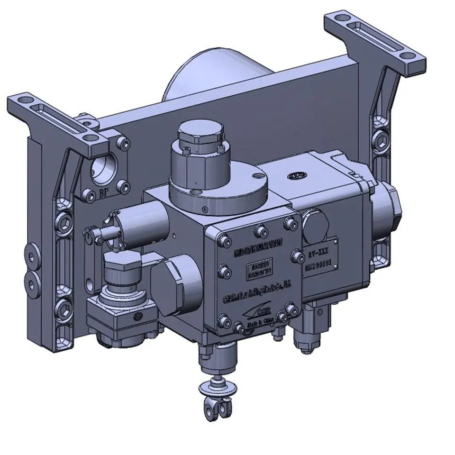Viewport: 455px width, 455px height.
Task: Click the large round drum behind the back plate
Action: click(204, 76)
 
